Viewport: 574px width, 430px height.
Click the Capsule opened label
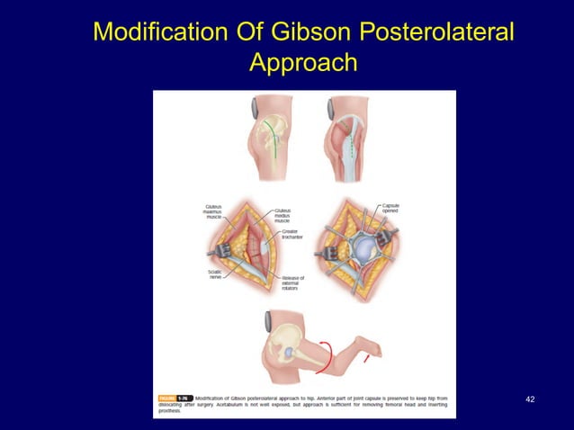[390, 208]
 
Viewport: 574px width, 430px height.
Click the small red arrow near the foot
[365, 361]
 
